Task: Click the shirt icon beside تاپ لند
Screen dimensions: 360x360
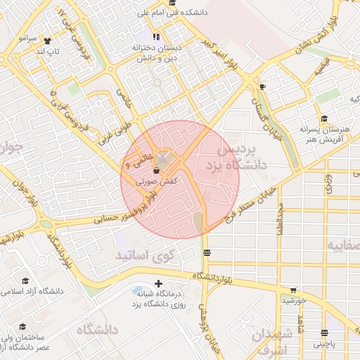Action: [x=48, y=40]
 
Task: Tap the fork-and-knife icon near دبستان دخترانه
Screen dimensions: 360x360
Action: [x=155, y=37]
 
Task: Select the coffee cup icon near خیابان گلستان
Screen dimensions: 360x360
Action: [x=262, y=86]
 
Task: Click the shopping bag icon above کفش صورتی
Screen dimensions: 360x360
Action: [x=155, y=170]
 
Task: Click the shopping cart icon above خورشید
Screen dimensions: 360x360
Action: [x=293, y=290]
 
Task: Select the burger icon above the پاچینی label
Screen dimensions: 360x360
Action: [x=324, y=333]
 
